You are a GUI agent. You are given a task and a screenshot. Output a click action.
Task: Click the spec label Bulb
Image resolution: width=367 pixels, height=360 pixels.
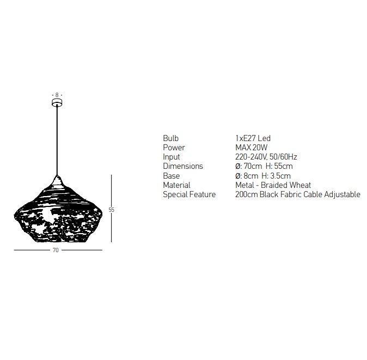[170, 138]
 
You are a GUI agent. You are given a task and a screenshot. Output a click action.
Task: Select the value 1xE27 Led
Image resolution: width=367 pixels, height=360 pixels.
[253, 138]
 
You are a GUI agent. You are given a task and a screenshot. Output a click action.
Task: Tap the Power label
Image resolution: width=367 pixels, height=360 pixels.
[174, 148]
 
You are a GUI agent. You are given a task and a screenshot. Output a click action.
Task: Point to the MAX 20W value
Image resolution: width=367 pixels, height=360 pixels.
[252, 148]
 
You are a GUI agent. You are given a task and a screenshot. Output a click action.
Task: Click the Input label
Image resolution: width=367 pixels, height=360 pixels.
[172, 157]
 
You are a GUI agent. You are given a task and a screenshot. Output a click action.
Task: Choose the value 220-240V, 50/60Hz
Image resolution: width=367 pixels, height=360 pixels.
[266, 157]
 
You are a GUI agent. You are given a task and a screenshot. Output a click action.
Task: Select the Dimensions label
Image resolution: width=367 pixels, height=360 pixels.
[183, 166]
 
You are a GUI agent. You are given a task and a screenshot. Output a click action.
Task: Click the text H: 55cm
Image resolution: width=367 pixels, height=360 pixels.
[279, 166]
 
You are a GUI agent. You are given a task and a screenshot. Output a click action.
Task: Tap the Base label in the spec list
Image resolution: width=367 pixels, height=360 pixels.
[172, 176]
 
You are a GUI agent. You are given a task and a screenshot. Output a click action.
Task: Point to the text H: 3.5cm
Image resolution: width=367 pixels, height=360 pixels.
[276, 176]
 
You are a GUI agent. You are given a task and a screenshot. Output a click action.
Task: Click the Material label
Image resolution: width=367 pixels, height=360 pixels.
[177, 185]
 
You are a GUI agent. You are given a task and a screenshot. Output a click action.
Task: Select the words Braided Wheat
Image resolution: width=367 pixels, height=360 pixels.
[286, 185]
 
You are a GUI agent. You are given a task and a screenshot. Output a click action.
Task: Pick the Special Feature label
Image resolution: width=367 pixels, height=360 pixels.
[189, 194]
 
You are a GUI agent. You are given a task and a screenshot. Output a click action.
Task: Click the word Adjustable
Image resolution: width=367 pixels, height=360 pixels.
[342, 194]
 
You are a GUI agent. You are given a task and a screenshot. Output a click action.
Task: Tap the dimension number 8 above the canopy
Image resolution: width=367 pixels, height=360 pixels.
[57, 95]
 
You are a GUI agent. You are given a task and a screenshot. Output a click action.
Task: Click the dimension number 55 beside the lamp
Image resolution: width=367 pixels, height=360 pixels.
[112, 210]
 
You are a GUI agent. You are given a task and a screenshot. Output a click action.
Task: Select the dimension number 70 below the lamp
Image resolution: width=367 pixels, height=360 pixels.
[56, 250]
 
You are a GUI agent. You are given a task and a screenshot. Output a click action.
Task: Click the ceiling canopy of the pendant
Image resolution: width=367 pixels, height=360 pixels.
[57, 102]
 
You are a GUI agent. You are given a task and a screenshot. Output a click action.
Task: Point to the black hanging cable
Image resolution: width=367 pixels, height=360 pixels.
[57, 141]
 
